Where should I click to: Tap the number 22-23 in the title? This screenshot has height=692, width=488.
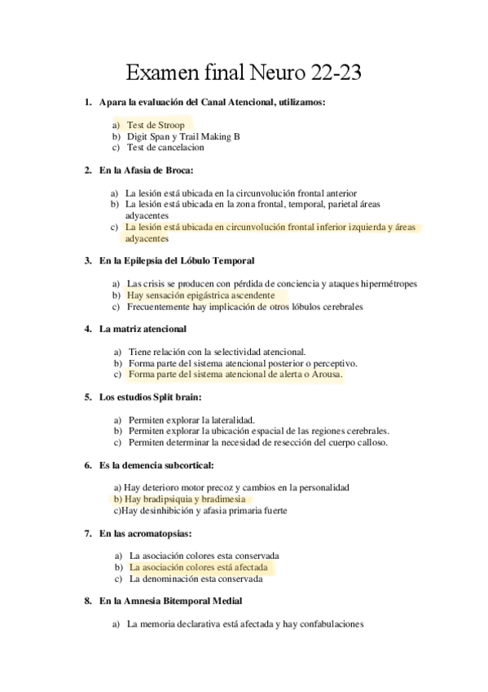(335, 74)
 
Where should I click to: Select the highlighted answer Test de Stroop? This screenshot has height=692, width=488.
(155, 126)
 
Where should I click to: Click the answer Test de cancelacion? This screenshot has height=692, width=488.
(165, 148)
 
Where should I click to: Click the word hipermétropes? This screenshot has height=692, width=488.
(384, 284)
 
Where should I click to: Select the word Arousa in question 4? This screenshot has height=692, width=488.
(323, 375)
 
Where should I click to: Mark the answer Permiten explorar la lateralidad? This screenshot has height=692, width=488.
(191, 419)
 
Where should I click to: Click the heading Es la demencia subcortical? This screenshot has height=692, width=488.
(156, 465)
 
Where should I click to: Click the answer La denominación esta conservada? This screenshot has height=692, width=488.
(196, 579)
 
